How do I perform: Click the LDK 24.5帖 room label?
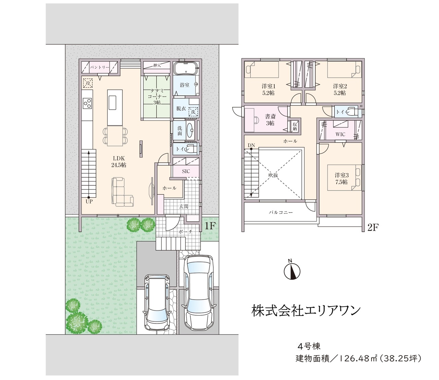(119, 161)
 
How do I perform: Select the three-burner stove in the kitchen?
(87, 103)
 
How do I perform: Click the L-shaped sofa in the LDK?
(122, 192)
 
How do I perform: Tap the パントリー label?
(99, 68)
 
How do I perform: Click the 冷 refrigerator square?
(88, 83)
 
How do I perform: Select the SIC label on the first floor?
(186, 171)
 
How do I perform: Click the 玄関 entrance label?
(183, 206)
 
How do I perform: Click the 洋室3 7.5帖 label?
(342, 179)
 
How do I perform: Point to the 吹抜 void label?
(273, 175)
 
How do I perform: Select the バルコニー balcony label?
(281, 212)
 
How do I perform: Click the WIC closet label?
(340, 134)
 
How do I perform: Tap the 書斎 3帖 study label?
(270, 120)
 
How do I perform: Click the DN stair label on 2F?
(251, 145)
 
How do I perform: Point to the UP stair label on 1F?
(89, 201)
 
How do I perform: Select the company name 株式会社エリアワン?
(306, 311)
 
